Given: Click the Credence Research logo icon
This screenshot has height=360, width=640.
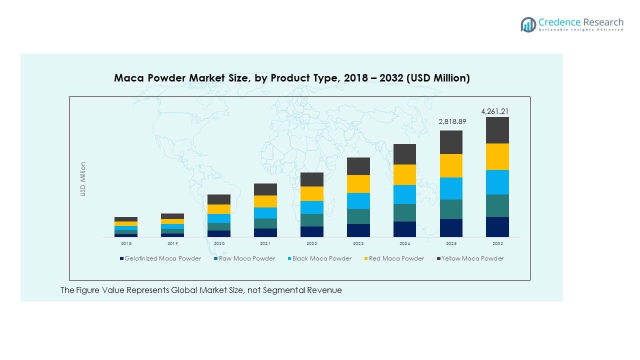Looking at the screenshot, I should pos(528,24).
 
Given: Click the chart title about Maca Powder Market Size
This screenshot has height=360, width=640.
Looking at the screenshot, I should pos(291,78).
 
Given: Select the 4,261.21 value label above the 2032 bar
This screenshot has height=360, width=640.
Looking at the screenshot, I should pos(497,111).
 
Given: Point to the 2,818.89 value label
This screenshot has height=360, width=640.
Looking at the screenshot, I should pos(451,121).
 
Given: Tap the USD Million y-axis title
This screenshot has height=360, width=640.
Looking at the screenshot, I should pos(83,179).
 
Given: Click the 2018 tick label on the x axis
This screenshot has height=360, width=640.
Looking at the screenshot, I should pos(126,243).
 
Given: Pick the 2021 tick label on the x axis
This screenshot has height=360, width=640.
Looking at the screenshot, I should pos(265,243).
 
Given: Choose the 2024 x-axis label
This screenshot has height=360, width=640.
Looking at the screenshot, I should pos(404,243).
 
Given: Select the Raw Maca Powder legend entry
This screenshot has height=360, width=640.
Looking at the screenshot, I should pos(246,258).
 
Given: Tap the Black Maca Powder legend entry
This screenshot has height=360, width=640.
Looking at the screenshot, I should pos(321,258).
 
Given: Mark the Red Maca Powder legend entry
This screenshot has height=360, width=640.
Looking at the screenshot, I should pos(396,258).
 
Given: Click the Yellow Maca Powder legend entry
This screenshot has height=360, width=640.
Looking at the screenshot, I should pos(472,258).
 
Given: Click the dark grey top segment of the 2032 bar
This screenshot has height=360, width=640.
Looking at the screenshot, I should pos(497,130).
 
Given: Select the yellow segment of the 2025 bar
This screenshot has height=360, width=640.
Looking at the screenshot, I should pos(451,165).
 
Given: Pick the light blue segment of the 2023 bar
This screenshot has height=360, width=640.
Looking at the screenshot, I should pos(358,201).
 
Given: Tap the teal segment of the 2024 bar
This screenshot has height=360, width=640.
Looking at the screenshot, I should pos(404,212).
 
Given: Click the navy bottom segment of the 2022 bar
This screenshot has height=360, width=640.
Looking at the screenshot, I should pos(311,231).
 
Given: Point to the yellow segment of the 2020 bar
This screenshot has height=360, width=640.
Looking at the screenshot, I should pos(218,209).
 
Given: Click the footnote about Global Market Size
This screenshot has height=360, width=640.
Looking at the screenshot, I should pos(201,290).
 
